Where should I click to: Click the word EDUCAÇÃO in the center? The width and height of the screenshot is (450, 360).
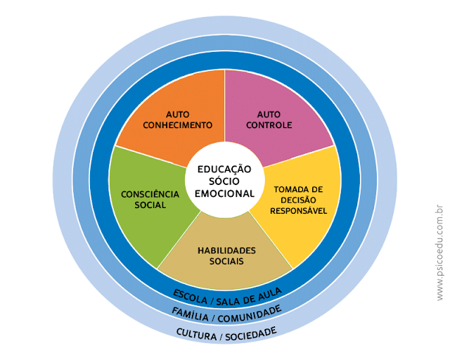pyautogui.click(x=224, y=169)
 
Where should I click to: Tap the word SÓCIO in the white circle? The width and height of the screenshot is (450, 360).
pyautogui.click(x=224, y=181)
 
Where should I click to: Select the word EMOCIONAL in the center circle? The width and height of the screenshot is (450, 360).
pyautogui.click(x=224, y=193)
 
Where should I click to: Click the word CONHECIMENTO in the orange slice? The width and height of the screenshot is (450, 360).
pyautogui.click(x=177, y=125)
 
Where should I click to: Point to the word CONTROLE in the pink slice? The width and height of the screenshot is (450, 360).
pyautogui.click(x=274, y=125)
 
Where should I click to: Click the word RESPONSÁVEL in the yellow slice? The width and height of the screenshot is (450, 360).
pyautogui.click(x=299, y=210)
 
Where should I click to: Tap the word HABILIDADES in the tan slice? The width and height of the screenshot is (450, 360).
pyautogui.click(x=226, y=250)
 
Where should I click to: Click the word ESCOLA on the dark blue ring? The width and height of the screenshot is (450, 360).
pyautogui.click(x=190, y=294)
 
